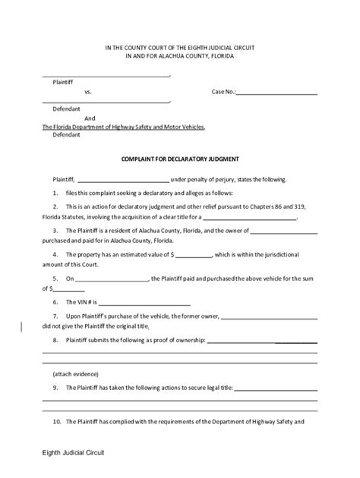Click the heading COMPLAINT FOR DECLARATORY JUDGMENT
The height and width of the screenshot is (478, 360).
(x=181, y=159)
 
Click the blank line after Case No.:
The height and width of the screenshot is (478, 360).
(x=276, y=93)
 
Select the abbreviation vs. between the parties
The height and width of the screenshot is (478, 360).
(x=88, y=93)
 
